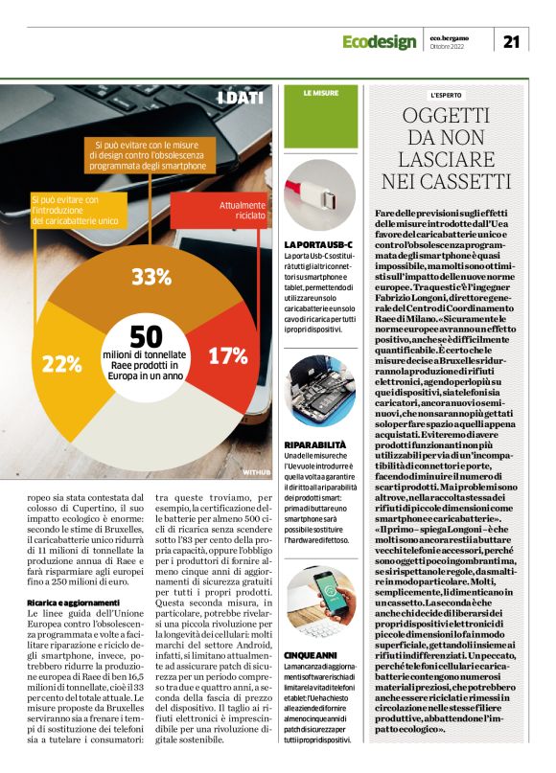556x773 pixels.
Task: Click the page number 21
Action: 511,40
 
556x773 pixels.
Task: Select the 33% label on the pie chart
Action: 151,279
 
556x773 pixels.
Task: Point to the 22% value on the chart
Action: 60,363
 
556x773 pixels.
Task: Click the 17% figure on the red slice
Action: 227,356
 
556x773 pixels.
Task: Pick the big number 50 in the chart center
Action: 145,337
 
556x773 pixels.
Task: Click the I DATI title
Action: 241,99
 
